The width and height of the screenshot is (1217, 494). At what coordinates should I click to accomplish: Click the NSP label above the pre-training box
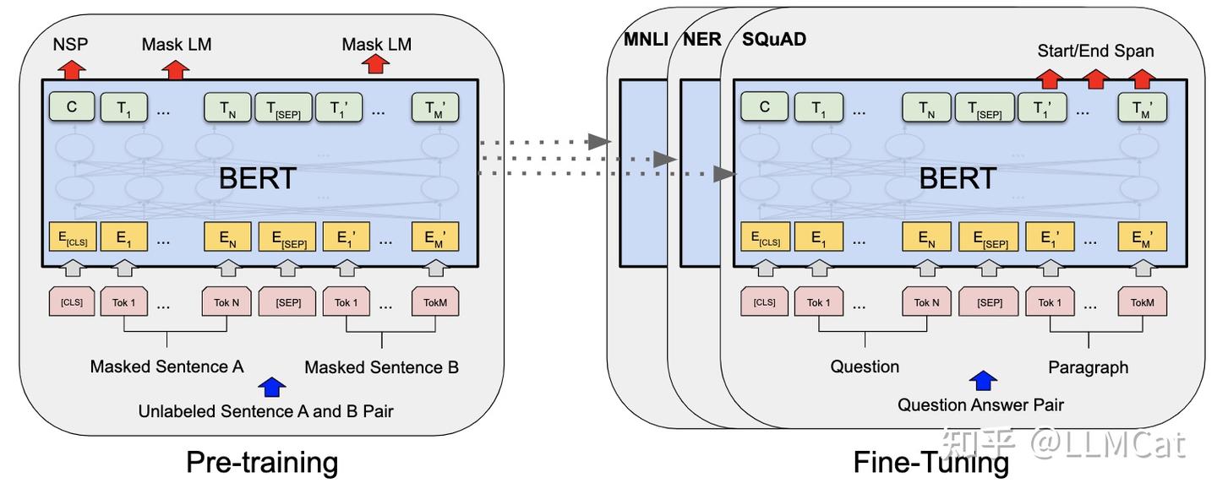click(71, 44)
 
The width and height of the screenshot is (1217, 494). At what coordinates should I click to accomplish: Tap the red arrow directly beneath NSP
click(71, 68)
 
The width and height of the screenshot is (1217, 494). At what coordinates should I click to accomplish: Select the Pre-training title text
click(261, 462)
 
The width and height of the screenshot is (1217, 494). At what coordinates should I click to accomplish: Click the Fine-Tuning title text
click(930, 462)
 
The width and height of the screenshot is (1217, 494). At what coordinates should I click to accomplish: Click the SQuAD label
click(773, 40)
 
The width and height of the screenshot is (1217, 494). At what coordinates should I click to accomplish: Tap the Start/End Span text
click(1095, 51)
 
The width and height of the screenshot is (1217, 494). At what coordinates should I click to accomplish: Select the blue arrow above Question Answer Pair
click(983, 380)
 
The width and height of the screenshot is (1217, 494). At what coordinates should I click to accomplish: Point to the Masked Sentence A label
click(166, 366)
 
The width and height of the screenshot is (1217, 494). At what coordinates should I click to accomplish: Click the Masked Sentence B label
click(381, 367)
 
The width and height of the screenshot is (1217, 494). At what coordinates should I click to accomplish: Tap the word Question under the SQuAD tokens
click(865, 366)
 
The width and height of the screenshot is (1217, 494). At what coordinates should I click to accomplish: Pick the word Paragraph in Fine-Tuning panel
click(1088, 367)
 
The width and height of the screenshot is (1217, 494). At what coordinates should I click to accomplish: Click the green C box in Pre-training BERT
click(72, 107)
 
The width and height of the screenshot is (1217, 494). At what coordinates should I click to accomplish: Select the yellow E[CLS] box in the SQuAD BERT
click(766, 238)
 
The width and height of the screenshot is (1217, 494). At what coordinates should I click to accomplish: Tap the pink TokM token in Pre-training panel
click(435, 302)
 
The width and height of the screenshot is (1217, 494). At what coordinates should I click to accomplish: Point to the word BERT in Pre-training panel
click(258, 178)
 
